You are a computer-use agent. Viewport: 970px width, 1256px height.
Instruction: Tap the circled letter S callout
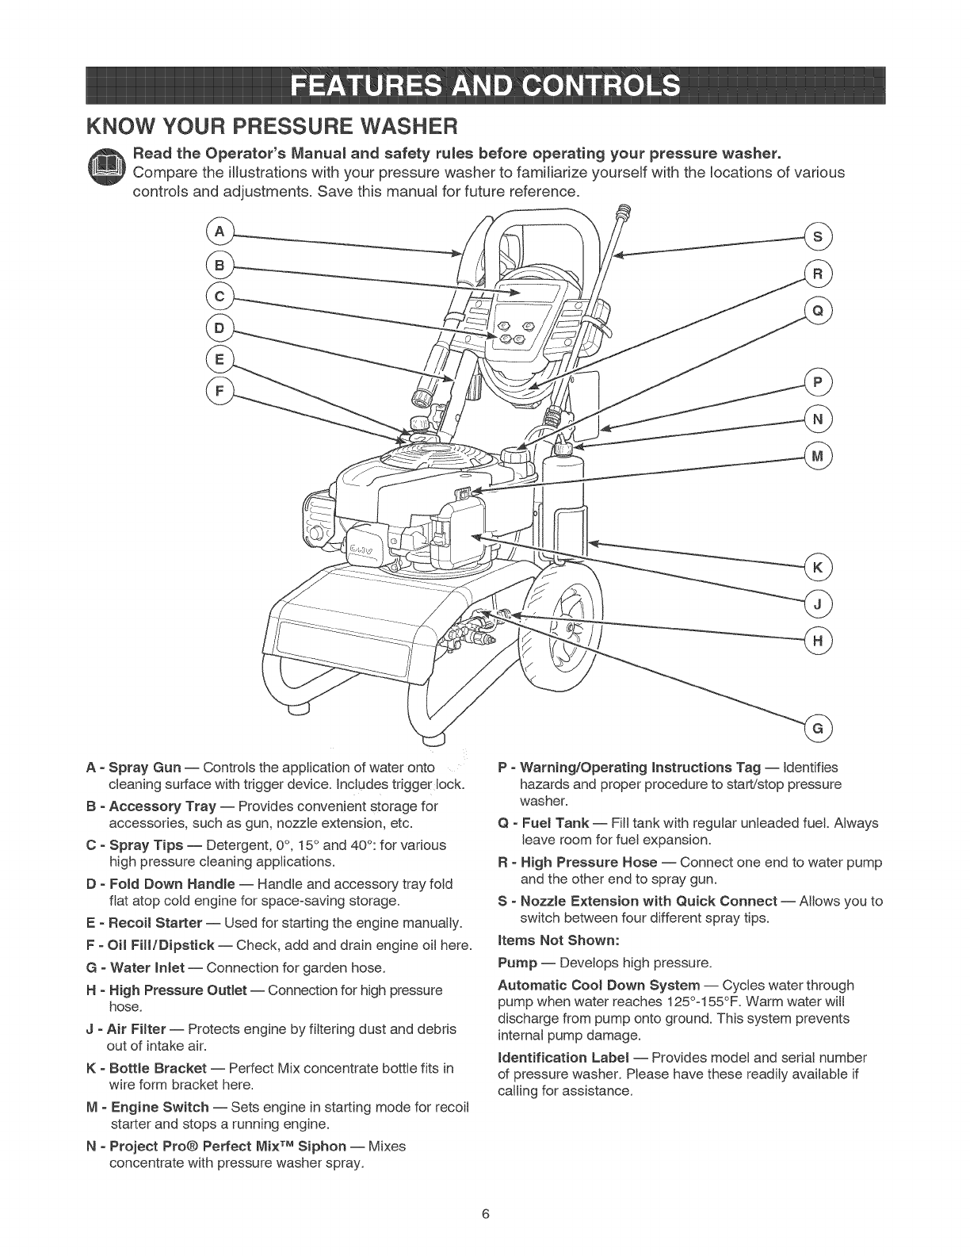tap(817, 236)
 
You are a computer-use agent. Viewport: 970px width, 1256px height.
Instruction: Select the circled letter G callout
tap(817, 727)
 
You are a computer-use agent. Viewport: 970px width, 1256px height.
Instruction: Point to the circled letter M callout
tap(817, 456)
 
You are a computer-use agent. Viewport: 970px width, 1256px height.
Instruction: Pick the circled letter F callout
tap(215, 390)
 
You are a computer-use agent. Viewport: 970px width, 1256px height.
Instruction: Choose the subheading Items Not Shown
tap(557, 940)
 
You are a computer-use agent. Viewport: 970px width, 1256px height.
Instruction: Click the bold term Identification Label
tap(563, 1058)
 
